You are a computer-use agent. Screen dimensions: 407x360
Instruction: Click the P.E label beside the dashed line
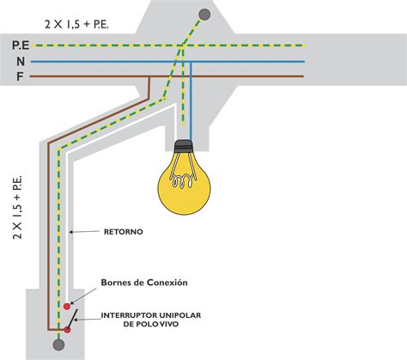tap(21, 46)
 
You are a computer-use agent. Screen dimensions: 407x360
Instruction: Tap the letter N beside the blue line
tap(21, 62)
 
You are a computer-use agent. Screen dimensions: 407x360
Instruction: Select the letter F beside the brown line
tap(20, 76)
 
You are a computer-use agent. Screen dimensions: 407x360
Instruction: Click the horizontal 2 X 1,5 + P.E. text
tap(76, 24)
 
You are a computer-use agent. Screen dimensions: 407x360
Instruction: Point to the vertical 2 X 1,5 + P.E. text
tap(17, 208)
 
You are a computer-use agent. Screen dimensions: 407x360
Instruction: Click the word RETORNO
tap(124, 232)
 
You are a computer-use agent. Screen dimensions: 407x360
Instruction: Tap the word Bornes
tap(115, 283)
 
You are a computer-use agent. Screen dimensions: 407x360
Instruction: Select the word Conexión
tap(167, 283)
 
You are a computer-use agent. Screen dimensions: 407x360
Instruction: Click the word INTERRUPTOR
tap(129, 315)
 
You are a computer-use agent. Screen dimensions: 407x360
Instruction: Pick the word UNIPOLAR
tap(180, 315)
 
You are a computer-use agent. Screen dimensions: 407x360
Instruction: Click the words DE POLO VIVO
tap(151, 324)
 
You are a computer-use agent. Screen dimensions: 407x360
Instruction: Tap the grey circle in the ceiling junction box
tap(204, 15)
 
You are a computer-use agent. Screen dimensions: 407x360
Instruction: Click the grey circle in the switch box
tap(58, 345)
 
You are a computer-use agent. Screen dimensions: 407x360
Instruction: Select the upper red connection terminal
tap(67, 307)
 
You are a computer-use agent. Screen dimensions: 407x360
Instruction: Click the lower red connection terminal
tap(67, 330)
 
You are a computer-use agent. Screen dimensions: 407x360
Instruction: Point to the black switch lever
tap(72, 320)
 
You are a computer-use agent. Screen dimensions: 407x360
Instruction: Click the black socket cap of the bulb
tap(183, 146)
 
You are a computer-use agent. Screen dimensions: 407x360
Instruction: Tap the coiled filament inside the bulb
tap(183, 181)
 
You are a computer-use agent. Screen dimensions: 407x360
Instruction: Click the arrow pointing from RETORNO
tap(84, 232)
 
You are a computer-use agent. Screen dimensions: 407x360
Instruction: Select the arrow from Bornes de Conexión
tap(83, 296)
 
